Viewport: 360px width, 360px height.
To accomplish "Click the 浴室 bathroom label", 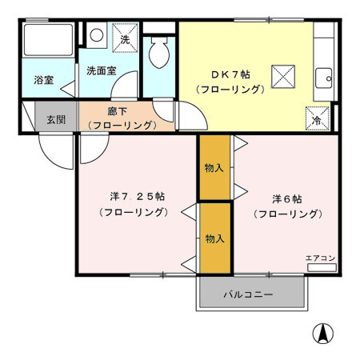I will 43,80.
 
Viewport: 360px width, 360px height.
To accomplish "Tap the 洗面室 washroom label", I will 102,70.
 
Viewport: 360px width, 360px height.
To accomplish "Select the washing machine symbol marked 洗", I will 124,38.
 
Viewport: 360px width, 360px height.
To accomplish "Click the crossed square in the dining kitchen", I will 283,75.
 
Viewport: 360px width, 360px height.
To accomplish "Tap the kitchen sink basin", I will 324,78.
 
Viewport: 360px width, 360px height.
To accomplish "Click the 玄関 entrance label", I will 55,120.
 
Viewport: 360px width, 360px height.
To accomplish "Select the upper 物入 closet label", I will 214,168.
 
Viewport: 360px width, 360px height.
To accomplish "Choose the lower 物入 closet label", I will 214,238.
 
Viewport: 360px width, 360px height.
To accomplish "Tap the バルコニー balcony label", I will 248,294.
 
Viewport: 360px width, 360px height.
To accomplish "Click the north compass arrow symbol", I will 322,333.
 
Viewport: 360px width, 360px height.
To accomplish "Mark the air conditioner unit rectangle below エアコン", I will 321,267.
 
